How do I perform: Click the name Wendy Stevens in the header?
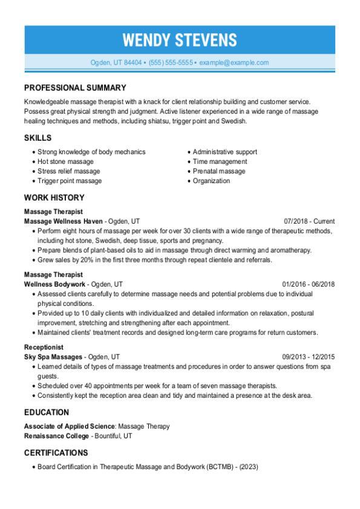[x=180, y=40]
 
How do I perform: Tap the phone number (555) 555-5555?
[x=171, y=62]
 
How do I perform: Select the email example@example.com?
[x=234, y=62]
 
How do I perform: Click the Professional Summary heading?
[x=75, y=88]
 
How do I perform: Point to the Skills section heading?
[x=38, y=138]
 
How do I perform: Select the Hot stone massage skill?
[x=65, y=161]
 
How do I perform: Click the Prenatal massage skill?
[x=219, y=171]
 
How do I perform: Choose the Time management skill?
[x=220, y=161]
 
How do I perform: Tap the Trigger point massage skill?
[x=69, y=181]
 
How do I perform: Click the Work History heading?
[x=54, y=198]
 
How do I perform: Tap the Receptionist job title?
[x=44, y=348]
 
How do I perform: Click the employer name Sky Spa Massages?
[x=54, y=357]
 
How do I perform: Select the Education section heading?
[x=46, y=412]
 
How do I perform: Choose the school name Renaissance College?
[x=56, y=435]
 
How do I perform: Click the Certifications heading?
[x=56, y=453]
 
